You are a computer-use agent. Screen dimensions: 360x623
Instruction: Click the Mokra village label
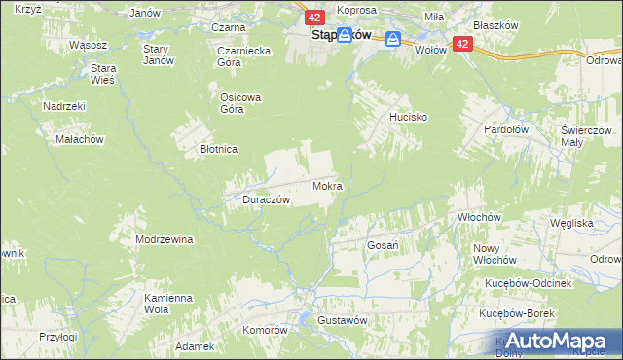(326, 185)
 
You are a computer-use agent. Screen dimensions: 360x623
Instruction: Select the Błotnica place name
(219, 150)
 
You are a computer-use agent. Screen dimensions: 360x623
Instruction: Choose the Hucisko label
(409, 116)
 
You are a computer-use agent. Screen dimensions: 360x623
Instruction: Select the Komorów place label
(266, 330)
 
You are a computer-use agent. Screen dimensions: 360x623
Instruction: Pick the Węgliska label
(571, 223)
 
